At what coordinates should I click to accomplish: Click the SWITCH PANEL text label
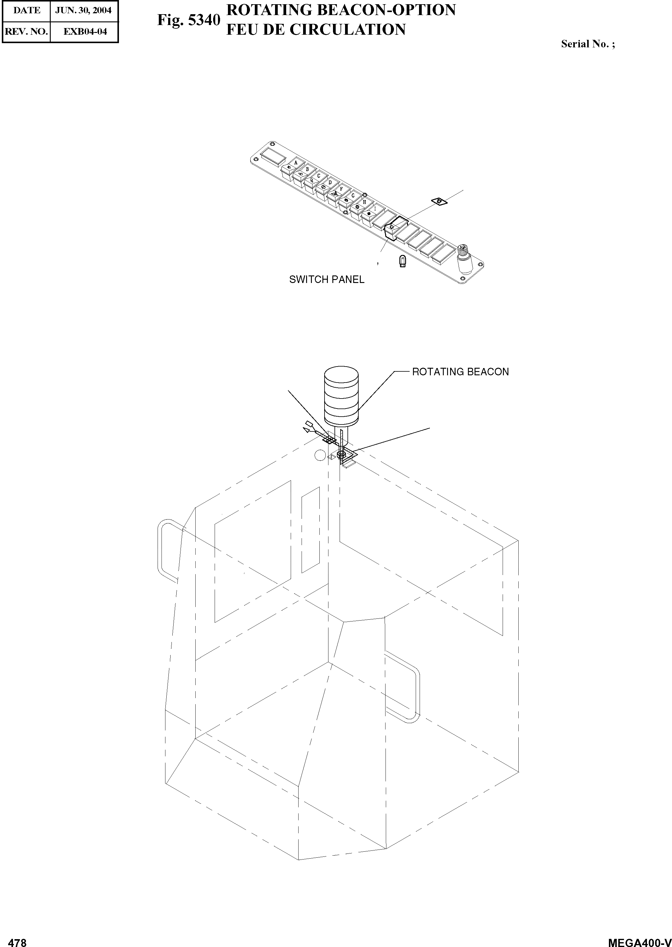(x=326, y=280)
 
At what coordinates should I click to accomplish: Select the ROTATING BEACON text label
(x=460, y=372)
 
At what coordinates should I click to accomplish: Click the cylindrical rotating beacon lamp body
(x=341, y=395)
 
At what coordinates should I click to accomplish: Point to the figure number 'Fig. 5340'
(x=188, y=20)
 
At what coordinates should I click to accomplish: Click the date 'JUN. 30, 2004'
(x=84, y=10)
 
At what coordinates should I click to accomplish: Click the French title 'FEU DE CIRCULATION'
(x=316, y=30)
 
